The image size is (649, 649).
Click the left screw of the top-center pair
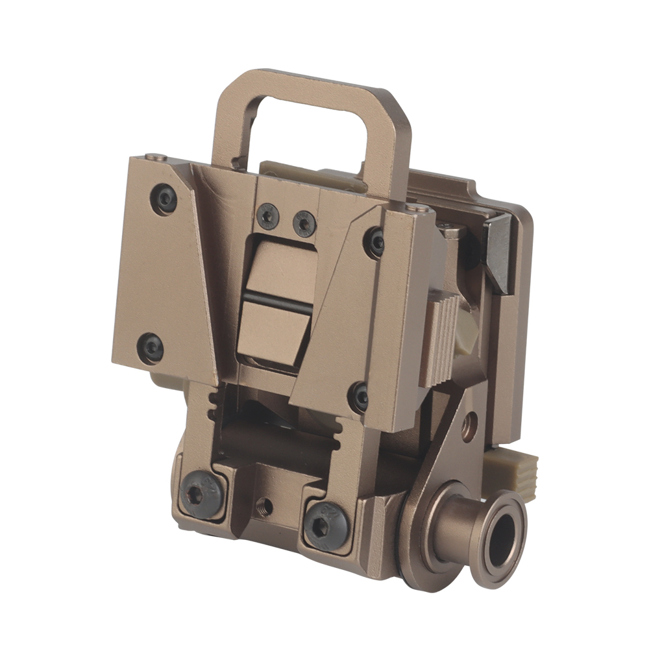point(268,216)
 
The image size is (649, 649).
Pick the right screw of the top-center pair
point(304,223)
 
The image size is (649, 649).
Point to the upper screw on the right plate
point(376,242)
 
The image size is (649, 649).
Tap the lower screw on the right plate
point(359,396)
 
